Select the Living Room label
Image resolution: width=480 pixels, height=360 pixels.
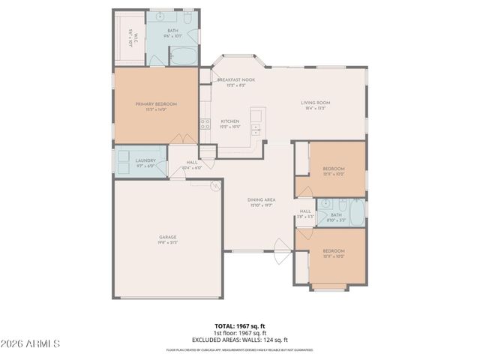tap(315, 105)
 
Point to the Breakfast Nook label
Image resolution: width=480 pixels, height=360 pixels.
tap(235, 81)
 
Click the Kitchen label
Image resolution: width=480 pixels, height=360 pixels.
tap(229, 123)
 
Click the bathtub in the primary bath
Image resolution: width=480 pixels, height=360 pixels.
tap(182, 57)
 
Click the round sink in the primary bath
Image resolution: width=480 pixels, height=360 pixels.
tap(162, 15)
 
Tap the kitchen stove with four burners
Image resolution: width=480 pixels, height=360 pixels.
tap(202, 124)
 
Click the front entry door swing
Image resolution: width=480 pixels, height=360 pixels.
tap(280, 251)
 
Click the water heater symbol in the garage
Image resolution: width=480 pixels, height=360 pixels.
tap(214, 184)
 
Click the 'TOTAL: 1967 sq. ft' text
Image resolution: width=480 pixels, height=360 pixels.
tap(240, 325)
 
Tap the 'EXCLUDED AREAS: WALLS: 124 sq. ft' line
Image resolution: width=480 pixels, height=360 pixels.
tap(240, 339)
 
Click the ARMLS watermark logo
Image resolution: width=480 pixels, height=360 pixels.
tap(31, 343)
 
